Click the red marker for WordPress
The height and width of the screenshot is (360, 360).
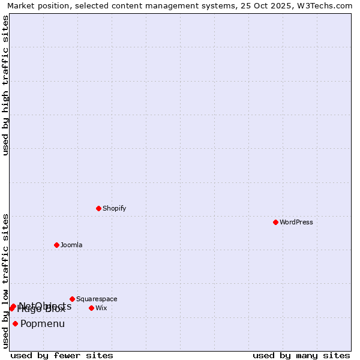(x=275, y=222)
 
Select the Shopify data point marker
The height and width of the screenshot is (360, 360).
(x=98, y=208)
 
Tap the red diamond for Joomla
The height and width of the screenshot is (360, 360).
(x=56, y=245)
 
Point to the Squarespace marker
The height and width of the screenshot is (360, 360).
(x=72, y=299)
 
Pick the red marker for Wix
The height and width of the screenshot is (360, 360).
(x=91, y=308)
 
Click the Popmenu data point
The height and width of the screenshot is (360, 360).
(x=15, y=323)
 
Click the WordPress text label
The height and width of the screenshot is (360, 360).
(x=296, y=222)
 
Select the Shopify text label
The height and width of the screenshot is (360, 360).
(x=114, y=208)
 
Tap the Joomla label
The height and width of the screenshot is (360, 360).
(x=71, y=245)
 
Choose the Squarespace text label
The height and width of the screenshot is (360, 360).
(x=97, y=299)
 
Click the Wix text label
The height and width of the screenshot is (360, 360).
(x=101, y=308)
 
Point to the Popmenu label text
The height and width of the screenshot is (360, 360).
(x=43, y=324)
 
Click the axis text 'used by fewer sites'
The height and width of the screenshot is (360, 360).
(x=62, y=356)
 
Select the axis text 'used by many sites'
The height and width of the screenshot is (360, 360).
(x=301, y=356)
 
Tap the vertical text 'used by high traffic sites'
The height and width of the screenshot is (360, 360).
(x=6, y=85)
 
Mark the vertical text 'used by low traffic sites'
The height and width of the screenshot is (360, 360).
(x=6, y=281)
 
